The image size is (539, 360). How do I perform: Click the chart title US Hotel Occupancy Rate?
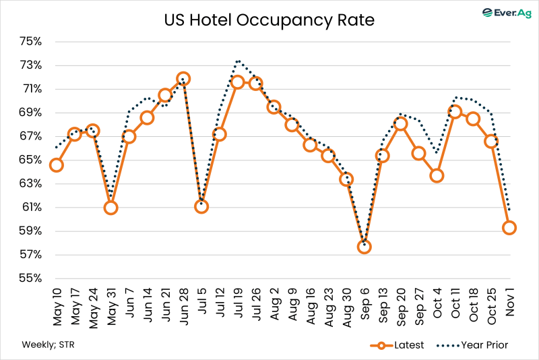[x=269, y=20]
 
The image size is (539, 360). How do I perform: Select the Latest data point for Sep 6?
[x=364, y=247]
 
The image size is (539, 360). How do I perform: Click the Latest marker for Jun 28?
[x=183, y=79]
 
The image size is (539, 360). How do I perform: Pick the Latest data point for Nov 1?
[x=509, y=228]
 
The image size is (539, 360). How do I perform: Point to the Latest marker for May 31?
[x=110, y=208]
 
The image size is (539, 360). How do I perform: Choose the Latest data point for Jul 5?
[x=201, y=206]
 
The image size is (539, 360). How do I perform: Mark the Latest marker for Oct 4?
[x=437, y=175]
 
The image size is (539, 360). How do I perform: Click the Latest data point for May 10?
[x=57, y=165]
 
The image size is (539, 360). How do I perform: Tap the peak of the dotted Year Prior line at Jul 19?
[x=238, y=61]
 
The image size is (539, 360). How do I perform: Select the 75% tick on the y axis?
[x=31, y=42]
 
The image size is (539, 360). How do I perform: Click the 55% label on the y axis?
[x=31, y=278]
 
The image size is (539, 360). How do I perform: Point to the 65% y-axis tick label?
[x=31, y=160]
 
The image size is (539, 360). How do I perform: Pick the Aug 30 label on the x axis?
[x=347, y=307]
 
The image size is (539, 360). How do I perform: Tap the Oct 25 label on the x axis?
[x=492, y=307]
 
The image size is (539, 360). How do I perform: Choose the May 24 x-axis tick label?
[x=93, y=307]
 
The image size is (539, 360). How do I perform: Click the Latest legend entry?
[x=397, y=345]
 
